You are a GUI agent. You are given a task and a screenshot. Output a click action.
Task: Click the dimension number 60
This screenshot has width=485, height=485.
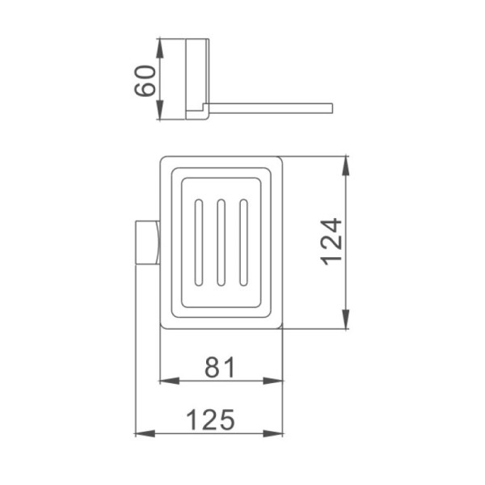click(145, 80)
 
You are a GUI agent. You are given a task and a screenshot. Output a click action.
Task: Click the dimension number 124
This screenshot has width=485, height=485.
click(331, 242)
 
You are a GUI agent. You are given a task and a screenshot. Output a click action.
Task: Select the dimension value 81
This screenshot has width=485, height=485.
click(220, 367)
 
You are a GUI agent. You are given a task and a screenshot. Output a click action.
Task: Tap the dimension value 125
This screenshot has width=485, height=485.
click(211, 420)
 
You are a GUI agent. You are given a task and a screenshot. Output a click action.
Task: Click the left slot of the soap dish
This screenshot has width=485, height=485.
click(199, 242)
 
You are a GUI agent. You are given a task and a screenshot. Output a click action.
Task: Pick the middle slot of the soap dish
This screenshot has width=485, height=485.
click(221, 242)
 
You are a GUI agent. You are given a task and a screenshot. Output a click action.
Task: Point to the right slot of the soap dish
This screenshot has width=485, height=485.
click(244, 242)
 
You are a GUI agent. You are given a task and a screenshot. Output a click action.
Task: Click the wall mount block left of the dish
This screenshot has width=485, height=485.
click(148, 242)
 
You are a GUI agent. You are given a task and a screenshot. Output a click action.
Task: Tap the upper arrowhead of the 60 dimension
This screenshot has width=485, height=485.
click(159, 48)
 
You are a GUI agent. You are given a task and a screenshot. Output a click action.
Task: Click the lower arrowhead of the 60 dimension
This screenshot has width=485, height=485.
click(159, 109)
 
